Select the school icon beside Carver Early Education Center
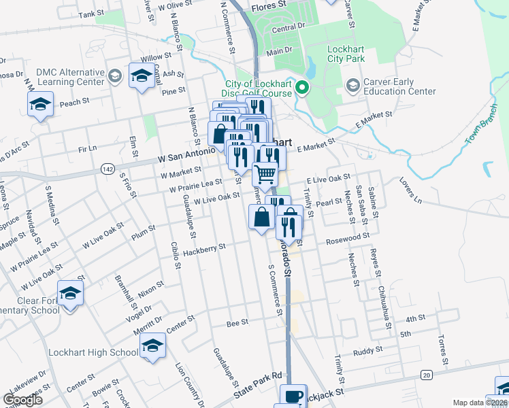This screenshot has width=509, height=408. point(352,86)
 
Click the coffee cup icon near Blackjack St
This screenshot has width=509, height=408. point(294,396)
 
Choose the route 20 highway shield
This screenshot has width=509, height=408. point(427,375)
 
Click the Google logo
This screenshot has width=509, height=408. point(22,399)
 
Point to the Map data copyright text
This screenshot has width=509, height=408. point(480,403)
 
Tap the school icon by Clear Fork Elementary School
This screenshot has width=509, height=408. point(70,293)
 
